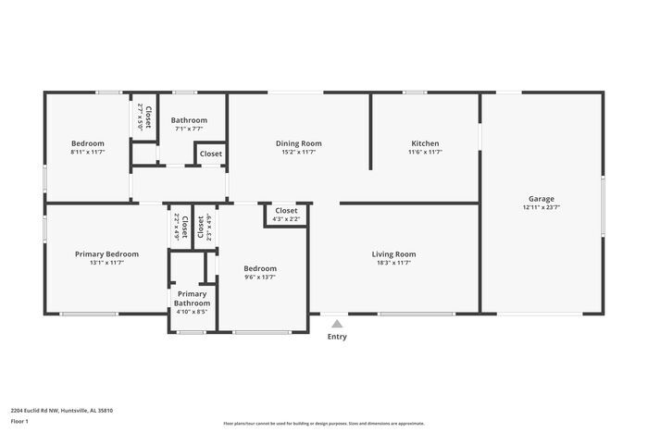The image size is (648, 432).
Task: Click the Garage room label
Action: (x=542, y=199)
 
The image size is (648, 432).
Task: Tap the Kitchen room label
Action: (x=425, y=143)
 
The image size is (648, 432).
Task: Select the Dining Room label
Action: (x=298, y=143)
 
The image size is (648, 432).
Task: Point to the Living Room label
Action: (x=393, y=254)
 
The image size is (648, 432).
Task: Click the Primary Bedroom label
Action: (x=106, y=254)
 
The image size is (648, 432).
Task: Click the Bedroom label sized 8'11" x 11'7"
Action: (x=88, y=143)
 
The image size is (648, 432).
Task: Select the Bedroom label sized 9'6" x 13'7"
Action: (x=259, y=269)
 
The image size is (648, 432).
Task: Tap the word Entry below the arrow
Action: (x=337, y=337)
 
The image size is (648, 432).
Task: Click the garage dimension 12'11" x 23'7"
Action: (x=542, y=208)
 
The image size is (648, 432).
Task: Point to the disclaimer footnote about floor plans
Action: (x=323, y=422)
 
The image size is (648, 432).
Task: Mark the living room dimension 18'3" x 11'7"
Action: (x=393, y=264)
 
